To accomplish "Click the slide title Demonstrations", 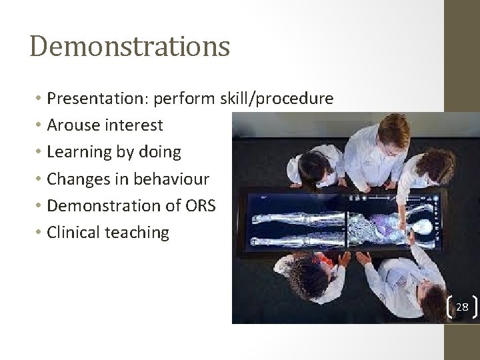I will tap(130, 47).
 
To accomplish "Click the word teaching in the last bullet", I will tap(143, 232).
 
